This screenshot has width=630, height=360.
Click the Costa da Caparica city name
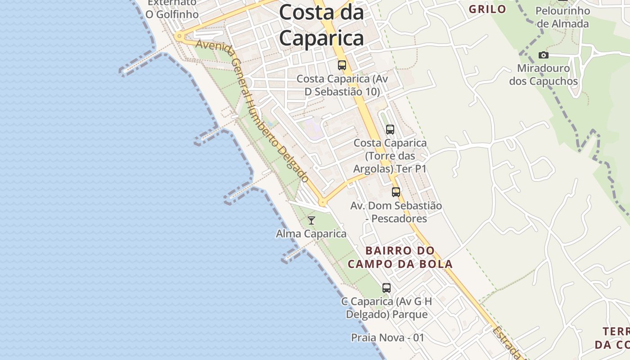(321, 26)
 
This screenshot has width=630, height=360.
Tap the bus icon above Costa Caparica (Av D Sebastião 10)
(342, 65)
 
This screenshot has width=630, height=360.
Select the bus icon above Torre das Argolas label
(390, 130)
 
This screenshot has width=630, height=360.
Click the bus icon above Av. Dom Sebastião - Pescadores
(396, 192)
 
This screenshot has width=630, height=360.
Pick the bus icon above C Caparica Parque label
(387, 288)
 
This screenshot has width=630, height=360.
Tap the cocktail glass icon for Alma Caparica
(311, 220)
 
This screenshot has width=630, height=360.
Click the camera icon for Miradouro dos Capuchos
(544, 55)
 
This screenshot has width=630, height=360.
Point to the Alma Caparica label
(311, 234)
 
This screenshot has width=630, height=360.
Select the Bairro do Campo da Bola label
(400, 257)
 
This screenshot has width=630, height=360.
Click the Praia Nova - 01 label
(387, 337)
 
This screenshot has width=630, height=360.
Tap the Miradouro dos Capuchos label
(544, 75)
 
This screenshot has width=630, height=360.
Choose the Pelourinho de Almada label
(562, 17)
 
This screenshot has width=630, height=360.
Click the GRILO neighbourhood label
(487, 9)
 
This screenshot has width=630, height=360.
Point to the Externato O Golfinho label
(172, 8)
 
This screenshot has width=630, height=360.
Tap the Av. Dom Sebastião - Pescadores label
(396, 212)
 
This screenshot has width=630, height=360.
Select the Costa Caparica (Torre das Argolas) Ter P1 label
(390, 156)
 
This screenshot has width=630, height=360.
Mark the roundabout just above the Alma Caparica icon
(322, 203)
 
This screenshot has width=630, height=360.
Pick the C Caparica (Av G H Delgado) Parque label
(387, 308)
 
